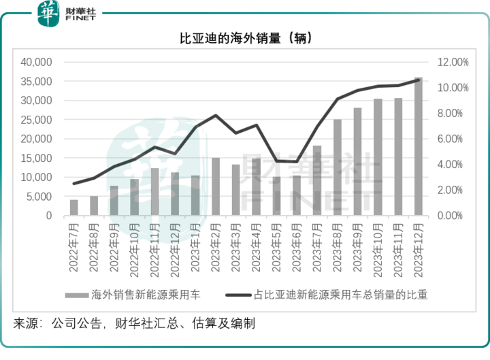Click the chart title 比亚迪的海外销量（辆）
[244, 39]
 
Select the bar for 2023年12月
[419, 147]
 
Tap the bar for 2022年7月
[74, 208]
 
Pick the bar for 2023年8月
[337, 167]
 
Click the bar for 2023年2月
[216, 186]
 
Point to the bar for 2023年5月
[276, 196]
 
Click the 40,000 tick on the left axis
[37, 62]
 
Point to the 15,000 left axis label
[37, 158]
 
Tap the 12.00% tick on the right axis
[453, 62]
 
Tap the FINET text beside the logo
[79, 18]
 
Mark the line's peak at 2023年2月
[216, 116]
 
